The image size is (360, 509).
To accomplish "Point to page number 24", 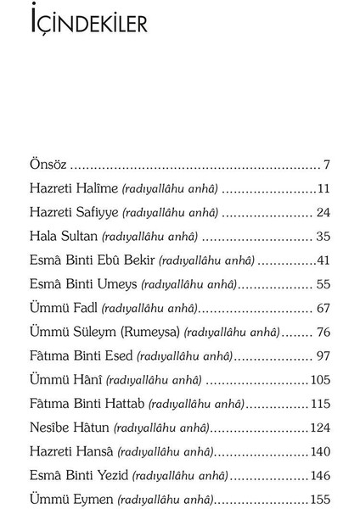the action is tap(322, 212).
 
